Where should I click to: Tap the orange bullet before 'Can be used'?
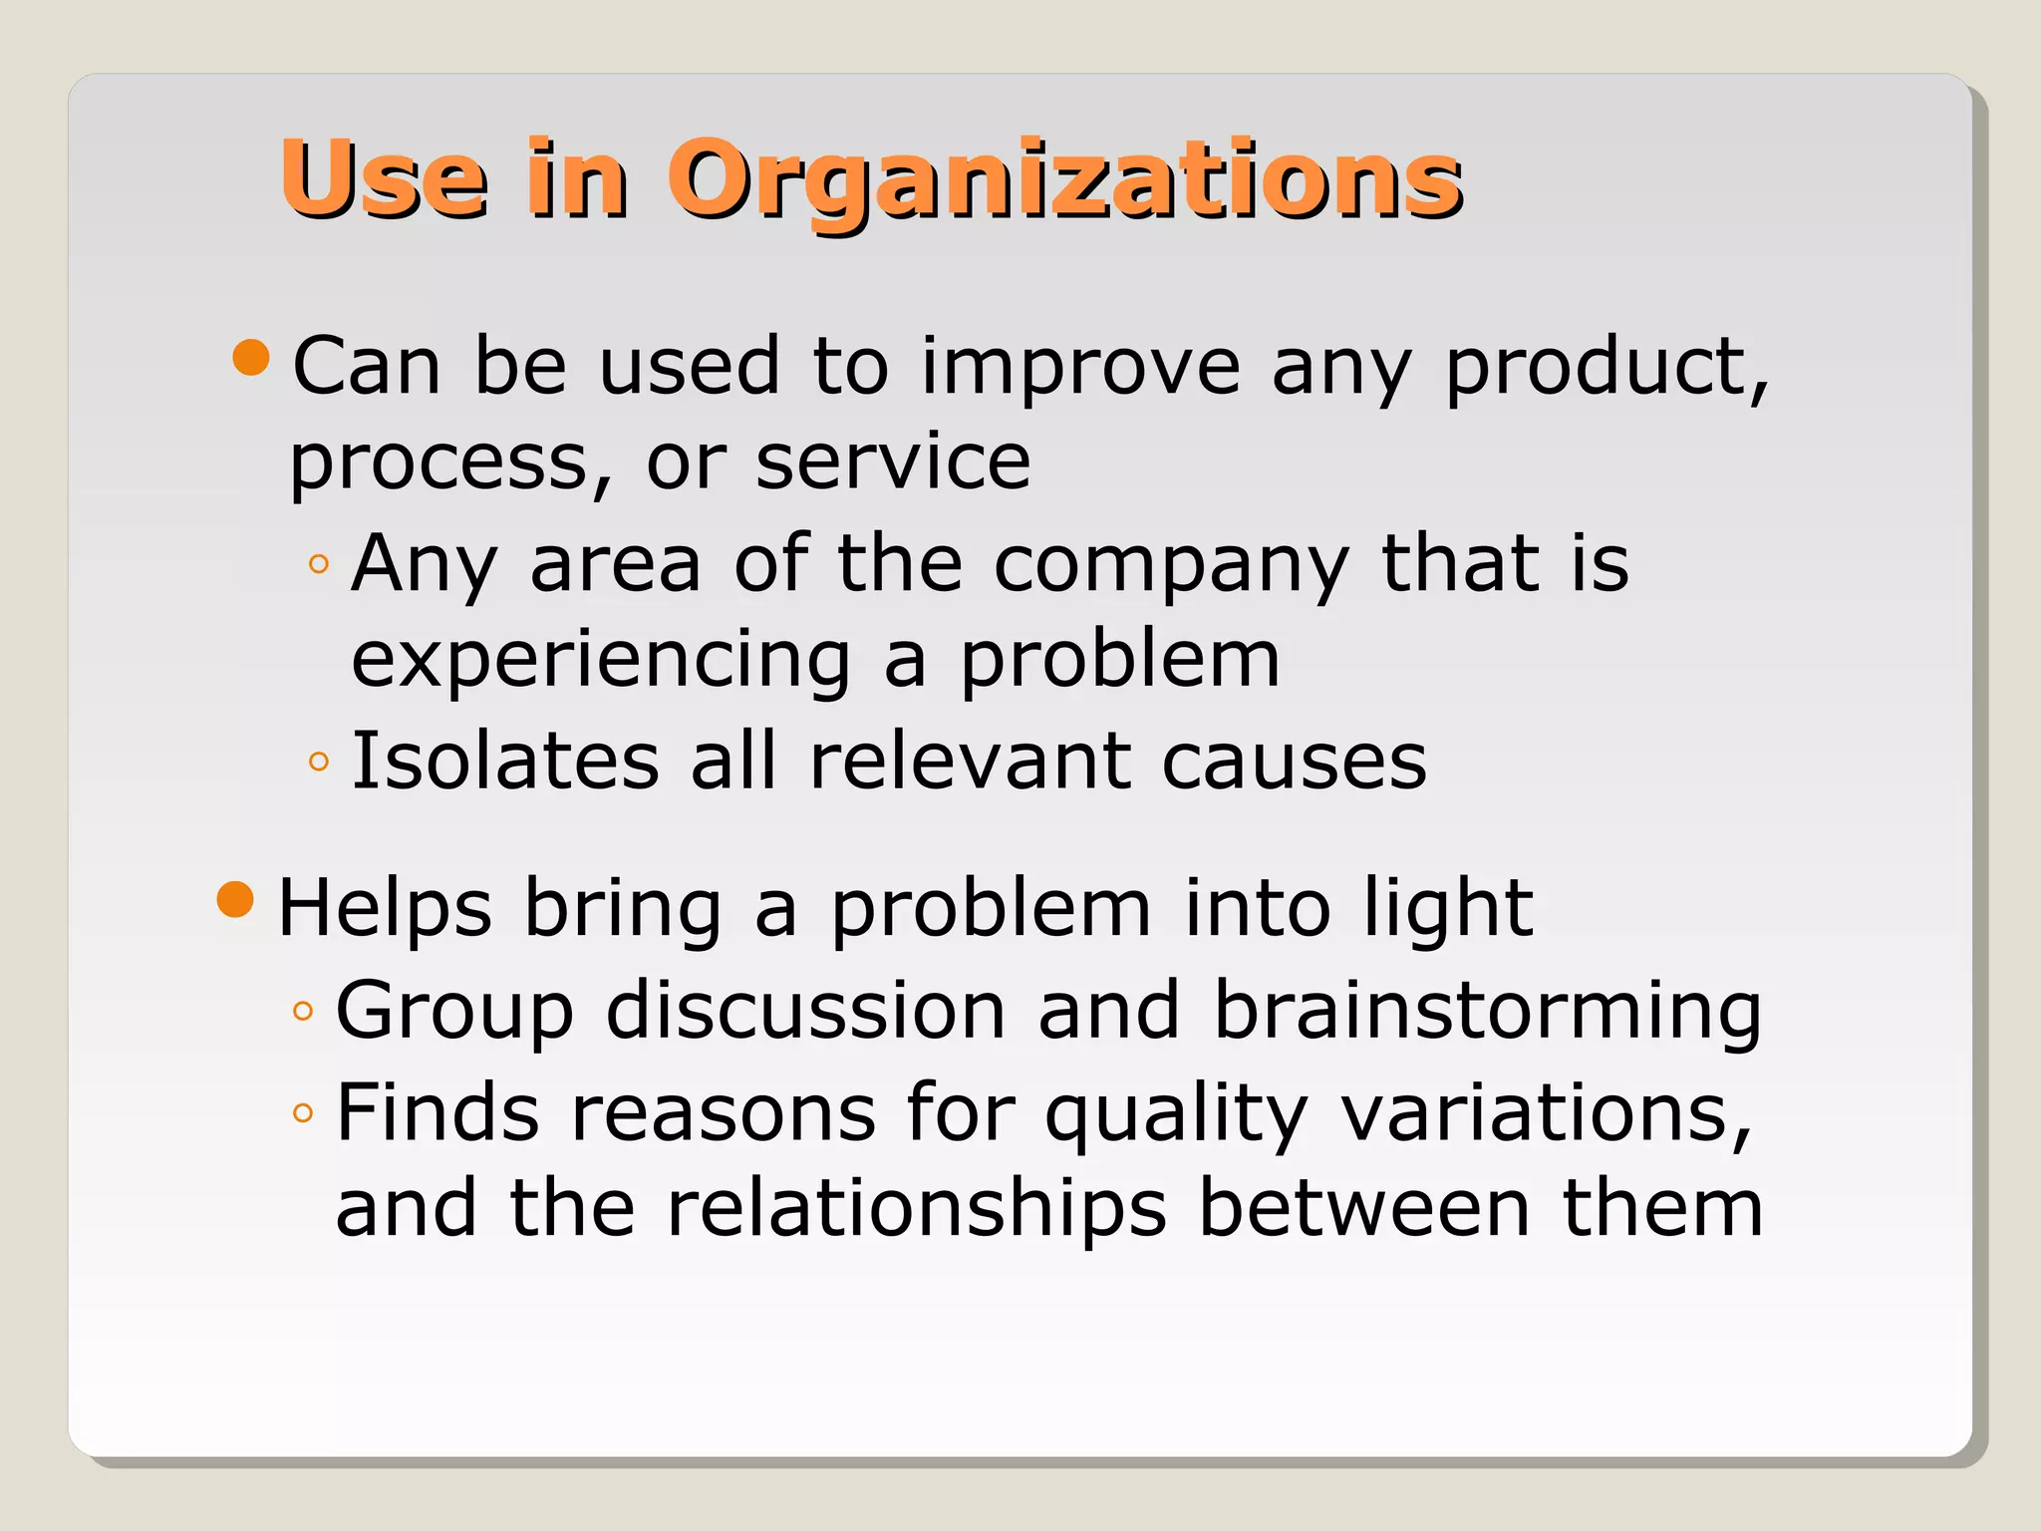tap(251, 358)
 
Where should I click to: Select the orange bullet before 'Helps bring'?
tap(236, 900)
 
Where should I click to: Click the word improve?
tap(1080, 367)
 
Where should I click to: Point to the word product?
tap(1604, 367)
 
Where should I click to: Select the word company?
tap(1171, 565)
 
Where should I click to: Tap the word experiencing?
tap(601, 661)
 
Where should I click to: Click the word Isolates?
tap(505, 761)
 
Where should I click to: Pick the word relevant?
tap(970, 761)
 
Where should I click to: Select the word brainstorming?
tap(1488, 1012)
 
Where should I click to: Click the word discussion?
tap(805, 1010)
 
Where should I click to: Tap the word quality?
tap(1176, 1114)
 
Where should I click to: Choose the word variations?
tap(1545, 1112)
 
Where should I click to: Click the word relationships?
tap(916, 1208)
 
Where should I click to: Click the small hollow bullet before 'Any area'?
tap(319, 565)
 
